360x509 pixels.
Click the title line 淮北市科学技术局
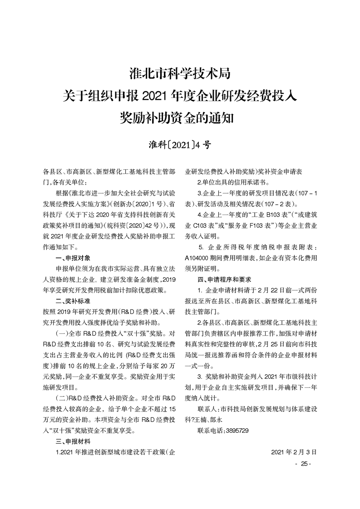[x=180, y=73]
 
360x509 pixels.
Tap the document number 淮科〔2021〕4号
[x=180, y=145]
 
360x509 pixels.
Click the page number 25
[x=302, y=463]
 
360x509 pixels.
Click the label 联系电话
[x=211, y=430]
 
